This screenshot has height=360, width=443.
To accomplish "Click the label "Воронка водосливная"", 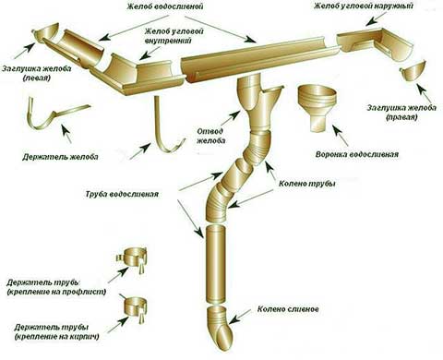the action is tap(357, 154).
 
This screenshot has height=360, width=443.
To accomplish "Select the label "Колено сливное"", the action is tap(288, 308).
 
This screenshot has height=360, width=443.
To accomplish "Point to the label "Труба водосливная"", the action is tap(122, 194).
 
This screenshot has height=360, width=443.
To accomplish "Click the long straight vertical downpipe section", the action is tap(216, 264).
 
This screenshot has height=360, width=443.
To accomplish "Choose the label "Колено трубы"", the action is tap(306, 184).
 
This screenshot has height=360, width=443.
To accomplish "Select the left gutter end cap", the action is tap(46, 34).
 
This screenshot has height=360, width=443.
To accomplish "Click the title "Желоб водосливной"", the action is tap(165, 6).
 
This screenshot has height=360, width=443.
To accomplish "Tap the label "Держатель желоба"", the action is tap(60, 157).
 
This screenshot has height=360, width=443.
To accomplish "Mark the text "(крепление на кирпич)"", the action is tap(56, 337).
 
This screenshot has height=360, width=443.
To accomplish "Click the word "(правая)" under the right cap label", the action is tap(401, 117).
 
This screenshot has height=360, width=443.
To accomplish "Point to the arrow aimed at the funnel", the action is tap(340, 135).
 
